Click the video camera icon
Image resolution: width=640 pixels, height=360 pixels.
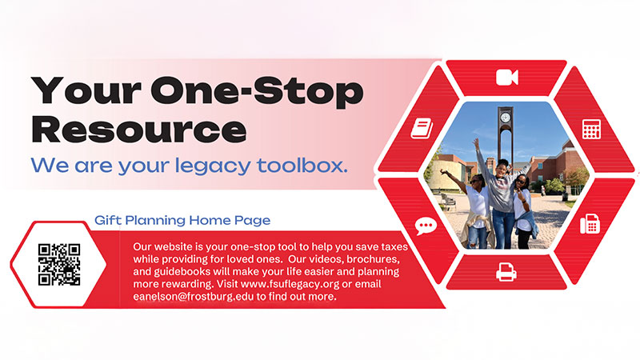[506, 78]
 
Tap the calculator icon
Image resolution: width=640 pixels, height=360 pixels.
[591, 129]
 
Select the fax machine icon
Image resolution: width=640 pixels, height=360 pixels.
[590, 223]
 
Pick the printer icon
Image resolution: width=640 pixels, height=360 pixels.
[506, 272]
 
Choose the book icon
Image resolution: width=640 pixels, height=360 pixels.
[422, 128]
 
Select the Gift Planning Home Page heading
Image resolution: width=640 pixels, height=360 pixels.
[182, 219]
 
